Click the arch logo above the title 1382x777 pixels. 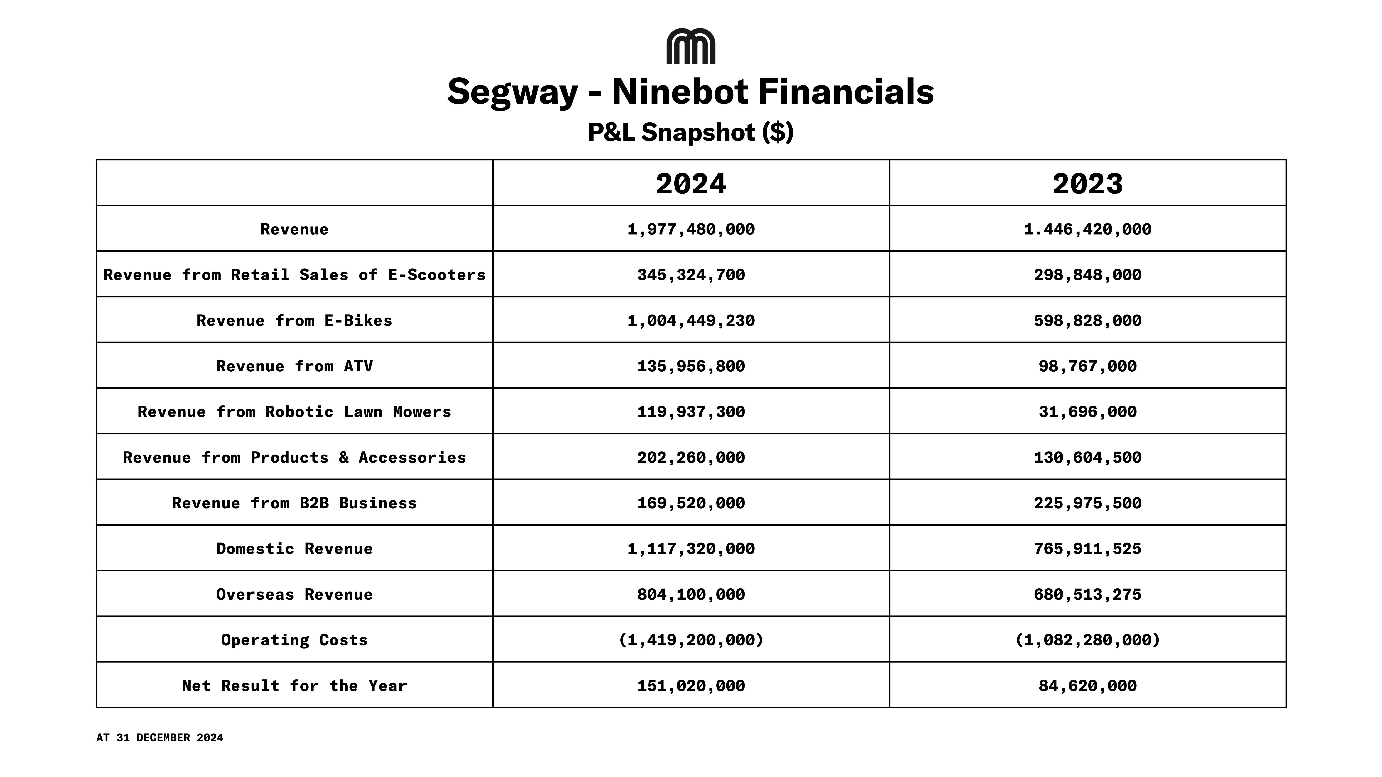690,47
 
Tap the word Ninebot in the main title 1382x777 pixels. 680,92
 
